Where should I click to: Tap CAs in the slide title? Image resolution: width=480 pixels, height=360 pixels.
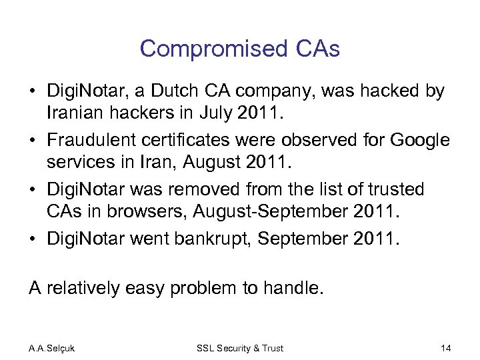click(x=318, y=49)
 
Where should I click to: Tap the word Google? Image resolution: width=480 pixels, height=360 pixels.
click(x=419, y=140)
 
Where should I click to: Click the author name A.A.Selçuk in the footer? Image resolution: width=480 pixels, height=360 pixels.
click(x=52, y=348)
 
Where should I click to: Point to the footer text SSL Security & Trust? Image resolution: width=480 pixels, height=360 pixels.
click(x=240, y=348)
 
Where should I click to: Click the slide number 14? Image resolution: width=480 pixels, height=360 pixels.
click(x=446, y=348)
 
